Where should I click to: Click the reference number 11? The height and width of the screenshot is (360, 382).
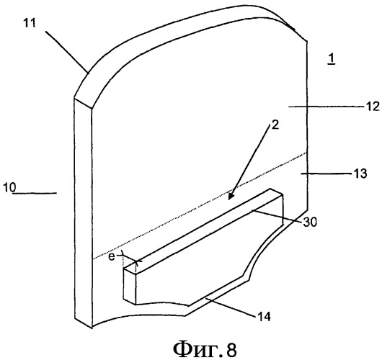point(30,23)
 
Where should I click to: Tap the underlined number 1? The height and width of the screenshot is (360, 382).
point(332,58)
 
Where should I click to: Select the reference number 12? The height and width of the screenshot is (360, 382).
point(373,107)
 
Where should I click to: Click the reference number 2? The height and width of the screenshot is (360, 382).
point(275,125)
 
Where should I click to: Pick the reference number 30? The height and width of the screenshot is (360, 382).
point(310,222)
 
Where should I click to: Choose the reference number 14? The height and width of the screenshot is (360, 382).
point(263,317)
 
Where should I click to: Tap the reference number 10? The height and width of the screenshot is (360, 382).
point(10,187)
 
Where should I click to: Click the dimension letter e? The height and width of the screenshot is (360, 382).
point(111,256)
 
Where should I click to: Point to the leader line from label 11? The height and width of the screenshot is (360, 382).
point(66,52)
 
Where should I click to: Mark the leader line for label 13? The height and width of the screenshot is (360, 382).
point(327,174)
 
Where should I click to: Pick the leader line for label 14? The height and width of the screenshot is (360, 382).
point(230,307)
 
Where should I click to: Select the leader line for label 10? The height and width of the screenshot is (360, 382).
point(35,193)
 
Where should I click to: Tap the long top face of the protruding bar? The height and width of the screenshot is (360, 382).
point(204,229)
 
